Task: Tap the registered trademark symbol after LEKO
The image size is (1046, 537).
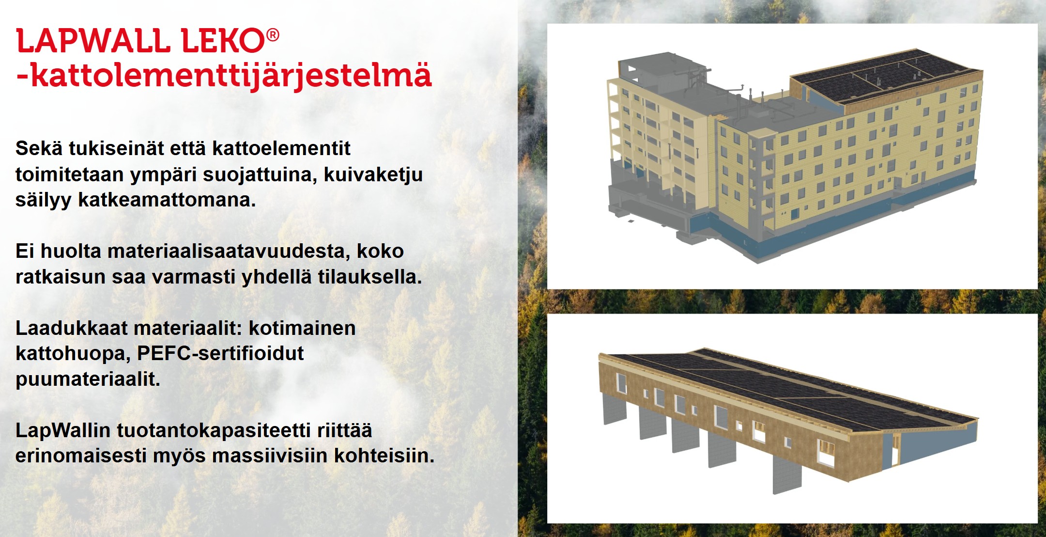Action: click(273, 35)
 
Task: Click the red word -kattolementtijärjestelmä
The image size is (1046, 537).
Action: click(224, 77)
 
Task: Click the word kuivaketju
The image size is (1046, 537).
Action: click(373, 174)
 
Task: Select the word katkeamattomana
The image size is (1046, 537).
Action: click(167, 200)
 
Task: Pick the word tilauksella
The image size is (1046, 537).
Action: click(370, 277)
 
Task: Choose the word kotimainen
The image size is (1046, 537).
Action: click(302, 328)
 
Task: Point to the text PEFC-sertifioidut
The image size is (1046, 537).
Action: click(220, 354)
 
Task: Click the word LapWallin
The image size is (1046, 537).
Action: click(63, 430)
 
